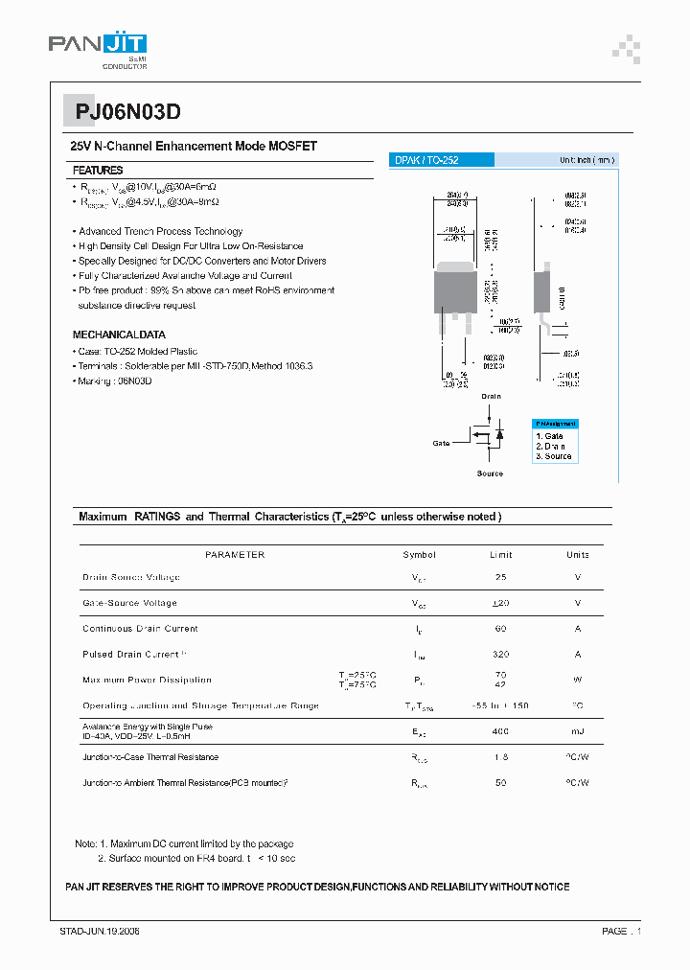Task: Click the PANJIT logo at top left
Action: pos(98,46)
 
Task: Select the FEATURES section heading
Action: pos(98,170)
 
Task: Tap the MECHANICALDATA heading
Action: pos(119,335)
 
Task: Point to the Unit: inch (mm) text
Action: pos(586,160)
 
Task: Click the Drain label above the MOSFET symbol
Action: pos(491,396)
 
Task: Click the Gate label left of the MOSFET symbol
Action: pos(441,443)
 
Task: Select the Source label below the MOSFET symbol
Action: pos(490,473)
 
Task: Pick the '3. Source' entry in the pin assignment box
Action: pos(554,456)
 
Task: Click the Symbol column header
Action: pos(419,555)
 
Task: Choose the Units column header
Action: pos(578,555)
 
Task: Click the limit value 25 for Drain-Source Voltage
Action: pos(500,578)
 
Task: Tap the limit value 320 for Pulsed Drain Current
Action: pos(500,655)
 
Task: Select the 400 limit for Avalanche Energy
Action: pos(500,731)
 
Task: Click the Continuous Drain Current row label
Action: pos(140,629)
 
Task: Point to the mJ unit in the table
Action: pos(578,731)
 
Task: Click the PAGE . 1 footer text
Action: pos(621,931)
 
